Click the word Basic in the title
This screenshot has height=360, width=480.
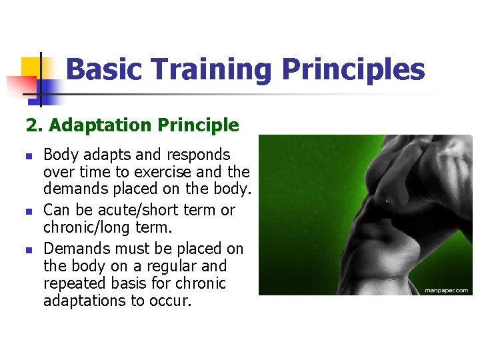point(105,69)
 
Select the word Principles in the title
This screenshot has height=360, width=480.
point(353,69)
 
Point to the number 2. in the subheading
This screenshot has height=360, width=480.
point(33,125)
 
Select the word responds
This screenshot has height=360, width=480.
point(197,155)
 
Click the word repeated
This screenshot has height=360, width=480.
point(72,284)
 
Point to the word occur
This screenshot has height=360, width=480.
point(169,301)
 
